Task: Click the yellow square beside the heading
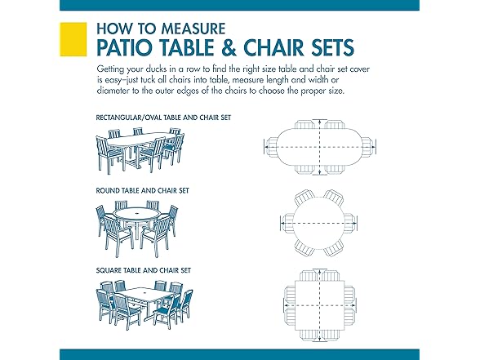(73, 39)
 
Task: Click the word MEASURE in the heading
(193, 29)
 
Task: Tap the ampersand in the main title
(227, 47)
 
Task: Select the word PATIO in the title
(124, 47)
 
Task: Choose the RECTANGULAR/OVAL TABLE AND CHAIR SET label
(163, 118)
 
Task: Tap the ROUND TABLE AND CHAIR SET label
(143, 191)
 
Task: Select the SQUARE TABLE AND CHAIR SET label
(144, 270)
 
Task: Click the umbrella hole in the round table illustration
(137, 211)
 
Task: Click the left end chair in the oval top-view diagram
(271, 147)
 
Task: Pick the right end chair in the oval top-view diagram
(369, 147)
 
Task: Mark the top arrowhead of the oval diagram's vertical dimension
(320, 122)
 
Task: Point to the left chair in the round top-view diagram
(287, 223)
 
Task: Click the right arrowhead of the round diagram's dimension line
(354, 223)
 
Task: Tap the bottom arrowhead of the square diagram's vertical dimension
(320, 339)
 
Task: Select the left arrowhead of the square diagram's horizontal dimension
(286, 305)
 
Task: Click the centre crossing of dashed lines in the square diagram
(320, 305)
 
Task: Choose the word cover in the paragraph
(360, 69)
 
